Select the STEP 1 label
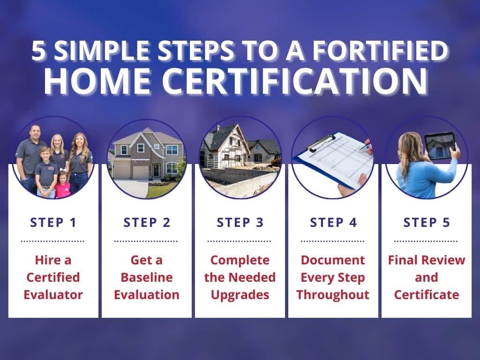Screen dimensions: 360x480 53,222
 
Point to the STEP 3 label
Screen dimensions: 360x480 240,222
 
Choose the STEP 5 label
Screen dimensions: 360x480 427,222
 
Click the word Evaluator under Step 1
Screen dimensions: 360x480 53,295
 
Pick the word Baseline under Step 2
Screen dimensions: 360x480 146,277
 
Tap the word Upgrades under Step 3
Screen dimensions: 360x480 240,295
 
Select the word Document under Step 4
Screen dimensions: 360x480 333,260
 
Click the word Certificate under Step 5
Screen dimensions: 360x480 427,295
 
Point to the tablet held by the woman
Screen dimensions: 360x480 440,145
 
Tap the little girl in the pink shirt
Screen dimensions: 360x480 62,185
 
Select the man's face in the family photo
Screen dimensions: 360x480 34,133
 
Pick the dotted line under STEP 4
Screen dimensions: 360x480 333,241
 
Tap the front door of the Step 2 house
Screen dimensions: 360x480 156,170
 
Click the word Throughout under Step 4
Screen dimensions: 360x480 333,295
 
